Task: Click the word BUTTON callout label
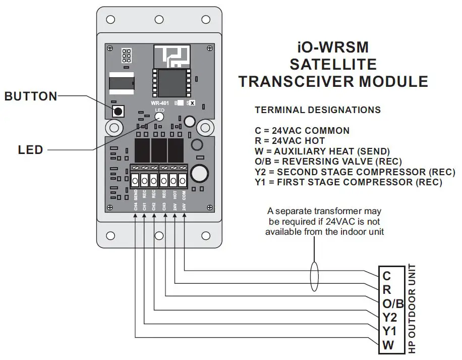coord(31,96)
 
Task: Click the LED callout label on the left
coord(30,149)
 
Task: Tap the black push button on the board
coord(118,112)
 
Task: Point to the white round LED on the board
coord(159,117)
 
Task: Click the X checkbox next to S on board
coord(191,103)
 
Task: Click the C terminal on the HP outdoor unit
coord(387,276)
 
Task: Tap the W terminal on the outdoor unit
coord(387,345)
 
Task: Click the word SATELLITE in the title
coord(333,64)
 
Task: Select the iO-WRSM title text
coord(332,47)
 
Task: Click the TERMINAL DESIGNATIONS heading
coord(318,110)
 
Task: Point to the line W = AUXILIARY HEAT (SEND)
coord(322,151)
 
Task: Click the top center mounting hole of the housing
coord(159,19)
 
